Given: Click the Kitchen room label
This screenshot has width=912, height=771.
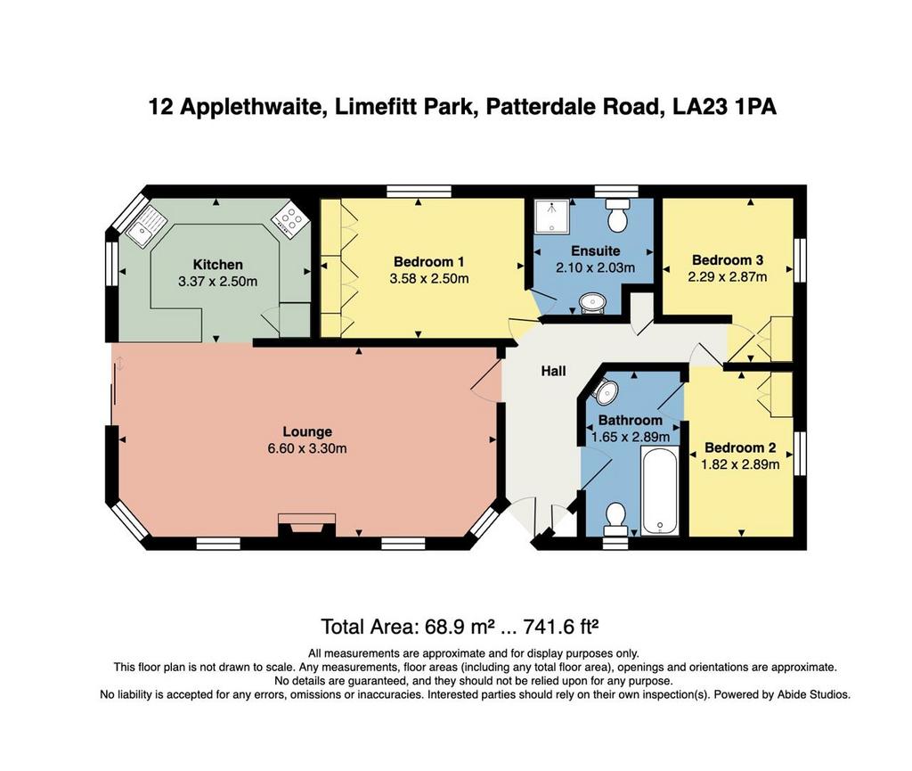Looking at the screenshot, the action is pos(217,265).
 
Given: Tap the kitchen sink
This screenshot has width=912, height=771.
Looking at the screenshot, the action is pos(145,226).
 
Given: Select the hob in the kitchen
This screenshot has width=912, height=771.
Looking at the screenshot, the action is pos(289,220).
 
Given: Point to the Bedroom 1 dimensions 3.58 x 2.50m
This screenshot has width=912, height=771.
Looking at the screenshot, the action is pos(429,279).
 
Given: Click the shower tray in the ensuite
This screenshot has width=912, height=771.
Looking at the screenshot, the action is pos(550,217).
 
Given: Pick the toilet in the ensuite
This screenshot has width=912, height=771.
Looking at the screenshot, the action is pos(617,214).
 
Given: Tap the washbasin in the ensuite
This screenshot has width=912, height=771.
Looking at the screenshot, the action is pos(592,303).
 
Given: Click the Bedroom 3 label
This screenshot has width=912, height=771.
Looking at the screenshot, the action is pos(727,260).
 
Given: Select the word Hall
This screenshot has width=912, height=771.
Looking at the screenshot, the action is pos(553,371).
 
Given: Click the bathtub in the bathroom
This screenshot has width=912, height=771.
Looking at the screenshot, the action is pos(660,490).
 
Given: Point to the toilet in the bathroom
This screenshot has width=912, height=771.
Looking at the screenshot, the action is pos(615,520).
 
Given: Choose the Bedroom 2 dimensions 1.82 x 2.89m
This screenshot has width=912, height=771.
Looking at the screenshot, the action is pos(740,465).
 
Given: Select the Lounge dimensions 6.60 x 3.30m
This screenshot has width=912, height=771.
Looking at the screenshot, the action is pos(307,448).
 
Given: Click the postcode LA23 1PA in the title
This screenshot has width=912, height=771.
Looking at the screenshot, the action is pos(724,107).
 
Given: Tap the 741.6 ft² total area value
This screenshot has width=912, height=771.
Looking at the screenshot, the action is pos(561,627).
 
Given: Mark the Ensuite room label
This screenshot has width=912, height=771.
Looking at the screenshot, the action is pos(596,250).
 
